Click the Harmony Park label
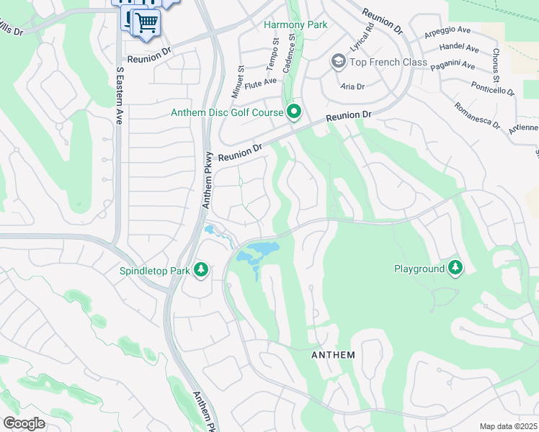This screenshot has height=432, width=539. pos(295,24)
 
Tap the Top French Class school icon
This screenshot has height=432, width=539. pos(337,62)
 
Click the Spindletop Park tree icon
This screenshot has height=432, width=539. pos(202,271)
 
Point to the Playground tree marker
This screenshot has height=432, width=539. pos(455,269)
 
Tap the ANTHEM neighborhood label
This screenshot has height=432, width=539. pos(333,355)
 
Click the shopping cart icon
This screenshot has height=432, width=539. pos(146,22)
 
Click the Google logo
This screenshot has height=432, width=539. pos(24,423)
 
